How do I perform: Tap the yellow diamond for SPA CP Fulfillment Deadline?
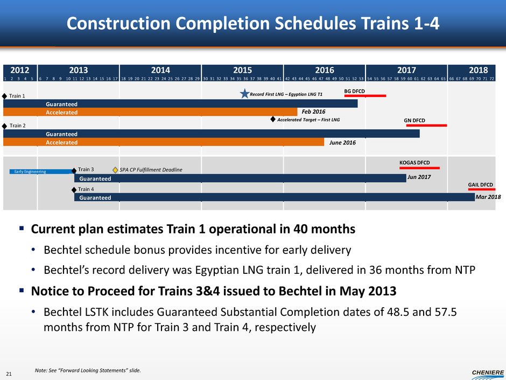tap(115, 170)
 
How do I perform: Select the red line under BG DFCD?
tap(365, 96)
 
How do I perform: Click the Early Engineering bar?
tap(41, 171)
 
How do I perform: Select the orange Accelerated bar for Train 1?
tap(150, 113)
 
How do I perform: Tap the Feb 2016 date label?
tap(313, 112)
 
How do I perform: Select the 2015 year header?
tap(242, 70)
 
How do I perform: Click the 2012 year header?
tap(20, 70)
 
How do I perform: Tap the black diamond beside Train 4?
tap(74, 190)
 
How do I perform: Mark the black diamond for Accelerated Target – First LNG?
tap(273, 120)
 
